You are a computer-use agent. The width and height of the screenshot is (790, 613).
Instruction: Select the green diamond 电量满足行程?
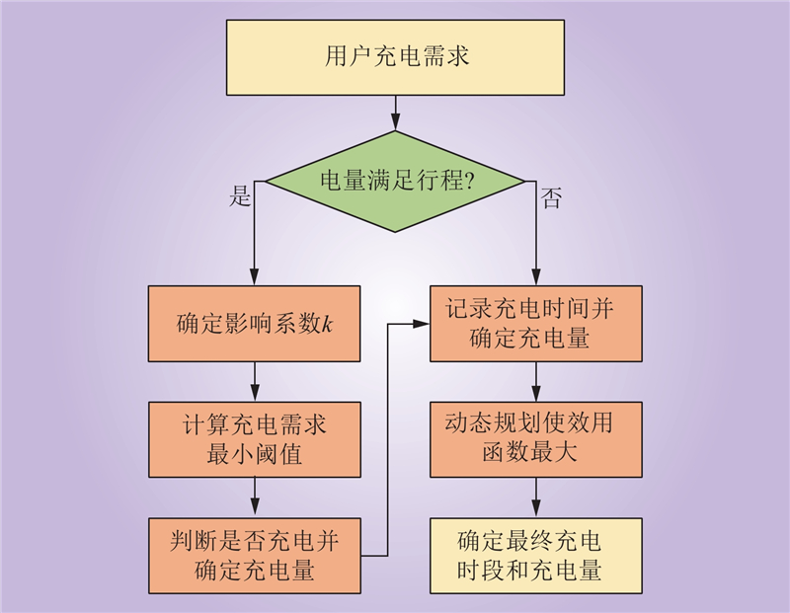(x=395, y=182)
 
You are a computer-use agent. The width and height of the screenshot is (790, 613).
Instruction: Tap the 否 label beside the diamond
(x=550, y=199)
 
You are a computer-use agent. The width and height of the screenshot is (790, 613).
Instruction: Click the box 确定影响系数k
(x=255, y=324)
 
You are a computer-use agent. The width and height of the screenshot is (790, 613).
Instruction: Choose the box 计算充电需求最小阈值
(x=255, y=440)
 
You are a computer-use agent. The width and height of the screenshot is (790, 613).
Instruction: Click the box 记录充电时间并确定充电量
(x=535, y=324)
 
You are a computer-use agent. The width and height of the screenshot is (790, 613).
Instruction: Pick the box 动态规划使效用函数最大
(x=535, y=440)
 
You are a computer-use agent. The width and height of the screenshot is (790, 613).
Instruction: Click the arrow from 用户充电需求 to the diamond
(x=395, y=112)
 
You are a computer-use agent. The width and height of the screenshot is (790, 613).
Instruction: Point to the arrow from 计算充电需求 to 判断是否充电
(x=255, y=498)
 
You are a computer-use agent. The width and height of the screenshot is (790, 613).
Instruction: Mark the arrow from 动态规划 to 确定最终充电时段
(x=535, y=498)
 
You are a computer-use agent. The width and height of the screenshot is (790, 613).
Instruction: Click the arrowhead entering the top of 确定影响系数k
(x=255, y=279)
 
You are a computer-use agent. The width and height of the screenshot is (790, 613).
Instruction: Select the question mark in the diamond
(x=470, y=182)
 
